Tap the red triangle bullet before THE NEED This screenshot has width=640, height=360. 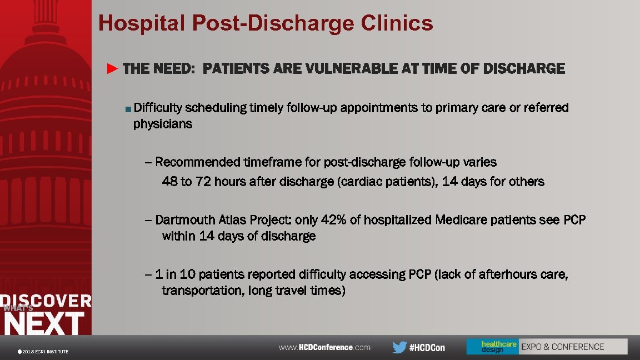(x=113, y=69)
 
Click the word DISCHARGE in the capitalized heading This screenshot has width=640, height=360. (x=524, y=69)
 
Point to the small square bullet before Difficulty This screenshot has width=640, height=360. (x=128, y=108)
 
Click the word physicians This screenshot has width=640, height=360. (x=163, y=124)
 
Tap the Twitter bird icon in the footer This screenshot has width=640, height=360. (x=399, y=347)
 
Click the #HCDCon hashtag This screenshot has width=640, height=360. (x=427, y=347)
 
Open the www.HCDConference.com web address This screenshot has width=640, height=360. (x=324, y=347)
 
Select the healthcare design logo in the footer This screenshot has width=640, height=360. (x=492, y=347)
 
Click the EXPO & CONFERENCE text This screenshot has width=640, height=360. (x=562, y=347)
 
